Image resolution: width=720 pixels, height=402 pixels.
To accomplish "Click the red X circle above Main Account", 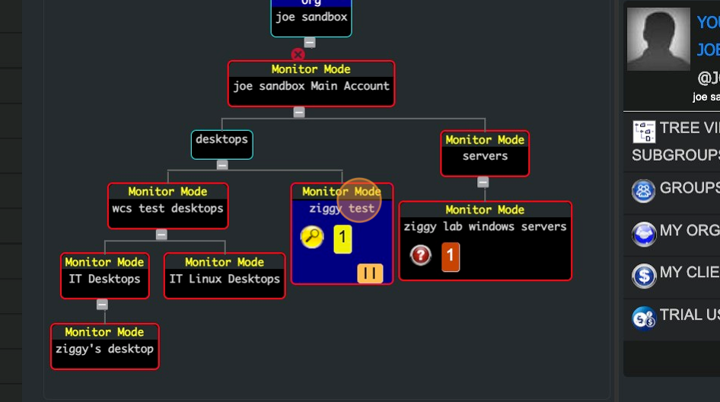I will click(x=298, y=55).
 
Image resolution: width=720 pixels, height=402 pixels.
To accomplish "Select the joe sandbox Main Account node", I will click(x=311, y=84).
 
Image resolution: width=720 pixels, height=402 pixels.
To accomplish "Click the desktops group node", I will click(x=221, y=144).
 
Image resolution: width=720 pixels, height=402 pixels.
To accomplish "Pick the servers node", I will click(x=485, y=153).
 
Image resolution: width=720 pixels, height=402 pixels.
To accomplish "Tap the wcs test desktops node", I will click(x=167, y=206).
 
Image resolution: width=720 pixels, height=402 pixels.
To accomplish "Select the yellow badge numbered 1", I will click(x=342, y=238).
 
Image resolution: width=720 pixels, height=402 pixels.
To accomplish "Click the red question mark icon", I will click(x=421, y=255).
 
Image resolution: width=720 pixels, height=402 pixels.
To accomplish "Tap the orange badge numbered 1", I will click(x=450, y=256).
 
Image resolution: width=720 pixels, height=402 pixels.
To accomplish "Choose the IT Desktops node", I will click(x=105, y=276).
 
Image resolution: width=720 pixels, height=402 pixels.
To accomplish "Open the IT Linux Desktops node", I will click(x=225, y=276).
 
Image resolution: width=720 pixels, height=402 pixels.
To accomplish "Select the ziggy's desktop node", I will click(x=105, y=346).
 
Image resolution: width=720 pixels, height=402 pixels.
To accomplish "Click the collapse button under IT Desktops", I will click(x=102, y=305).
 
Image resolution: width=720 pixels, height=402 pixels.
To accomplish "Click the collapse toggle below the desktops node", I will click(x=222, y=164).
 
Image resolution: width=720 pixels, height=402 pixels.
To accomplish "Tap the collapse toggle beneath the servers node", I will click(x=483, y=182).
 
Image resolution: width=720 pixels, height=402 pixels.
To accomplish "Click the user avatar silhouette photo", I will click(x=658, y=39).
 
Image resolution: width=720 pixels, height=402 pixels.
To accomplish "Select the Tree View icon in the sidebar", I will click(x=644, y=132).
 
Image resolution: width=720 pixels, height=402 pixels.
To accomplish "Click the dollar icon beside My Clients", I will click(x=644, y=275).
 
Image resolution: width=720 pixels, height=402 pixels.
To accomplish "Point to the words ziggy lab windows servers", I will click(x=485, y=226).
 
